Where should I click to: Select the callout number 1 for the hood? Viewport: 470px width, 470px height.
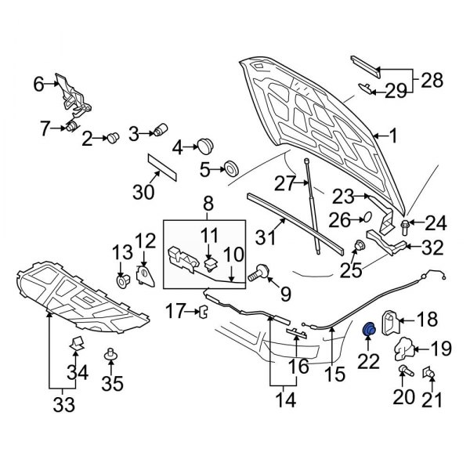coord(393,136)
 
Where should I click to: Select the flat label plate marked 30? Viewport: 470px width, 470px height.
coord(162,167)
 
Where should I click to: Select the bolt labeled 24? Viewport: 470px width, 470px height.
coord(404,226)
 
